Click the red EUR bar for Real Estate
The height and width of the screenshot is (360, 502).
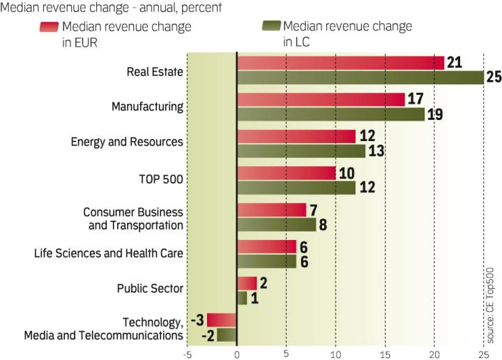point(340,63)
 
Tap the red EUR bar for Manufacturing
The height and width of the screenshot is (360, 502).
point(321,99)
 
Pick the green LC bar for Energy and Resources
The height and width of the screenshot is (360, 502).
point(301,150)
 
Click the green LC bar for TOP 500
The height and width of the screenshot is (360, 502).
point(296,187)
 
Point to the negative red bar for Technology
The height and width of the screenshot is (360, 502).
point(222,320)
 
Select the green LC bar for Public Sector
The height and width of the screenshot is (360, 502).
point(242,298)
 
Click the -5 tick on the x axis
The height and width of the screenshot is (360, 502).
point(186,354)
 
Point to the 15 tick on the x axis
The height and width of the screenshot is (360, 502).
point(385,354)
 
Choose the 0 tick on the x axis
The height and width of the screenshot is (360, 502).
point(237,354)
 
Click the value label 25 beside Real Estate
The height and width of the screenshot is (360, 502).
point(494,77)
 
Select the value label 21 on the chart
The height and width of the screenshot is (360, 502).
point(455,63)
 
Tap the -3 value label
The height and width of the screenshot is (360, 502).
point(197,320)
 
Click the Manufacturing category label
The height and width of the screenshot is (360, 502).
point(147,107)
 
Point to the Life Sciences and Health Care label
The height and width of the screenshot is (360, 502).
point(109,253)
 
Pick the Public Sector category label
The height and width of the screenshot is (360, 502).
point(150,289)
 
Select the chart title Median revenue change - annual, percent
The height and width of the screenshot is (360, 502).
point(112,8)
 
